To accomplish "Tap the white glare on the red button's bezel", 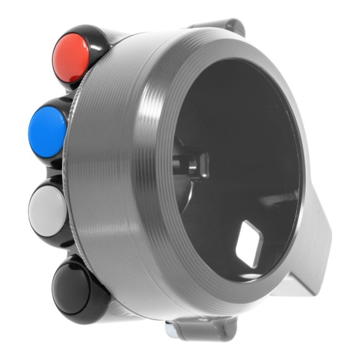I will tap(78, 78).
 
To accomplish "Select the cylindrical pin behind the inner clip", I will tap(184, 163).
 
